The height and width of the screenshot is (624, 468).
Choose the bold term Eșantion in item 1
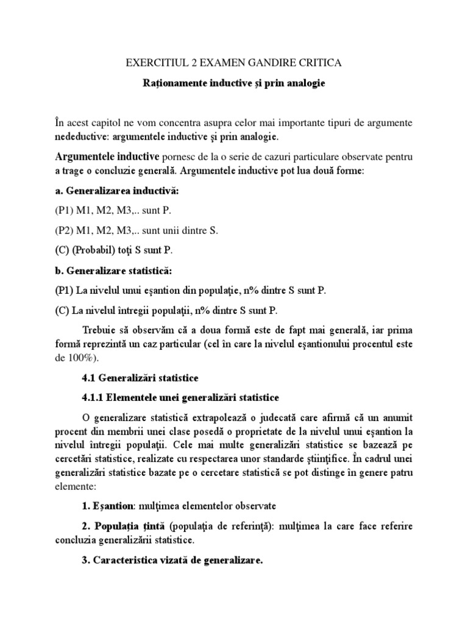[113, 505]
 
